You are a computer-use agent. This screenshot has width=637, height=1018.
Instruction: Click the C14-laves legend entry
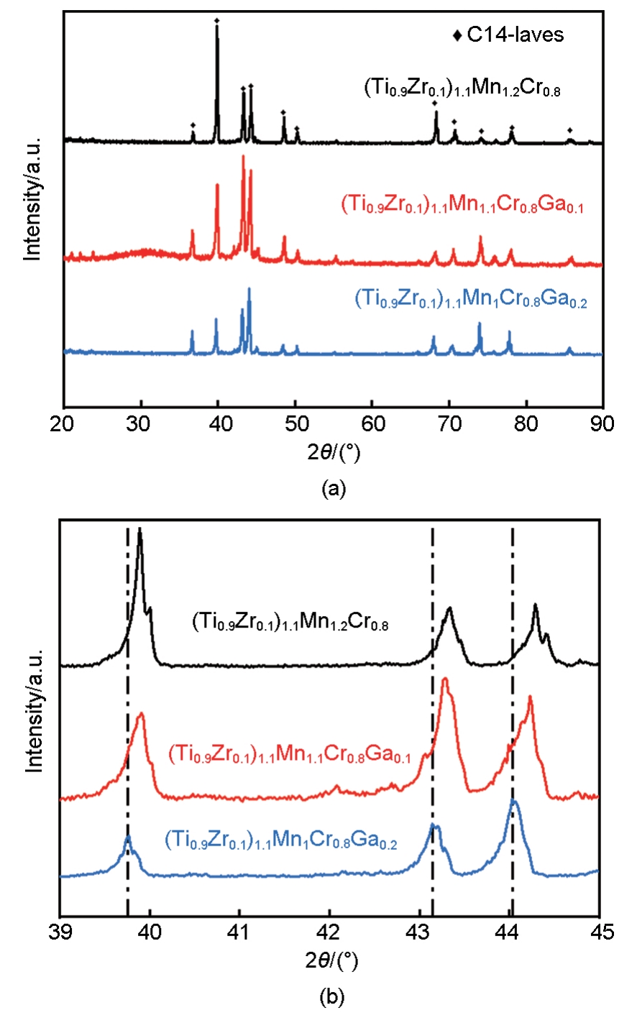click(509, 35)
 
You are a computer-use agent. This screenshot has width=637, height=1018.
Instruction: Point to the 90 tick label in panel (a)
click(602, 423)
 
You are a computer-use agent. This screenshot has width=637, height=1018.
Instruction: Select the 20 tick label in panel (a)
click(65, 423)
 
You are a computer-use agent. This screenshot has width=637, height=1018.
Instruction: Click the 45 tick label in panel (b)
click(599, 933)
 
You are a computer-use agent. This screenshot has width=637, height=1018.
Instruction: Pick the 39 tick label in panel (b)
click(60, 933)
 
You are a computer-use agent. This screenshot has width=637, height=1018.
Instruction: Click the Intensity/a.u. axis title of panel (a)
click(32, 197)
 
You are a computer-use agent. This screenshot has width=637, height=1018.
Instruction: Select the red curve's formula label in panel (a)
click(462, 206)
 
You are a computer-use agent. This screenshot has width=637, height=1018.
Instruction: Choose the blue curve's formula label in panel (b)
click(280, 840)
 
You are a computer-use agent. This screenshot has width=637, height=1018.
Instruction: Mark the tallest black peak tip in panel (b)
click(139, 530)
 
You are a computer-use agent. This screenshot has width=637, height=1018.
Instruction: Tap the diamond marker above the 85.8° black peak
click(570, 130)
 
